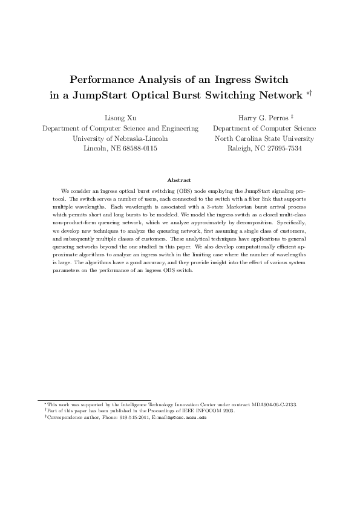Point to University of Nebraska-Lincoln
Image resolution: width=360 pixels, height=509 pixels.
click(120, 138)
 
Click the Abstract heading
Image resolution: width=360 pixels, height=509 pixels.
click(180, 180)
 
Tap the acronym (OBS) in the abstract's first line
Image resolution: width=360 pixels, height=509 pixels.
click(184, 190)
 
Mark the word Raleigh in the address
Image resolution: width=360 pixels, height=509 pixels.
click(239, 148)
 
